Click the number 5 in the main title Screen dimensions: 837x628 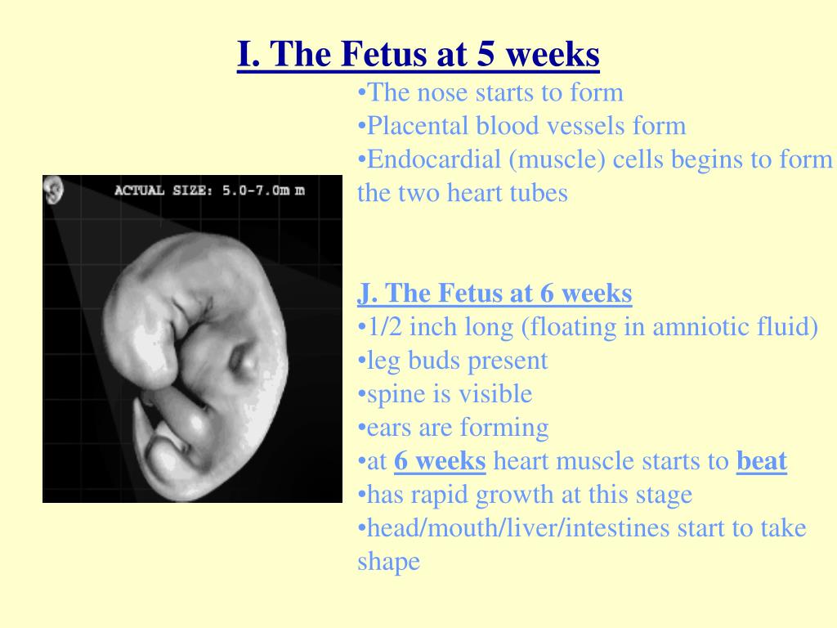pos(486,54)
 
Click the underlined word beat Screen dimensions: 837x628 pos(762,461)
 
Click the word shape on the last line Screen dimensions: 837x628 pos(388,562)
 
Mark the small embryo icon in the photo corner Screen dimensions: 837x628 pos(53,190)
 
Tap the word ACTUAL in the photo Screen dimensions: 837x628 pos(139,190)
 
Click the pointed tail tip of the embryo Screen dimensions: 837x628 pos(137,401)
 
